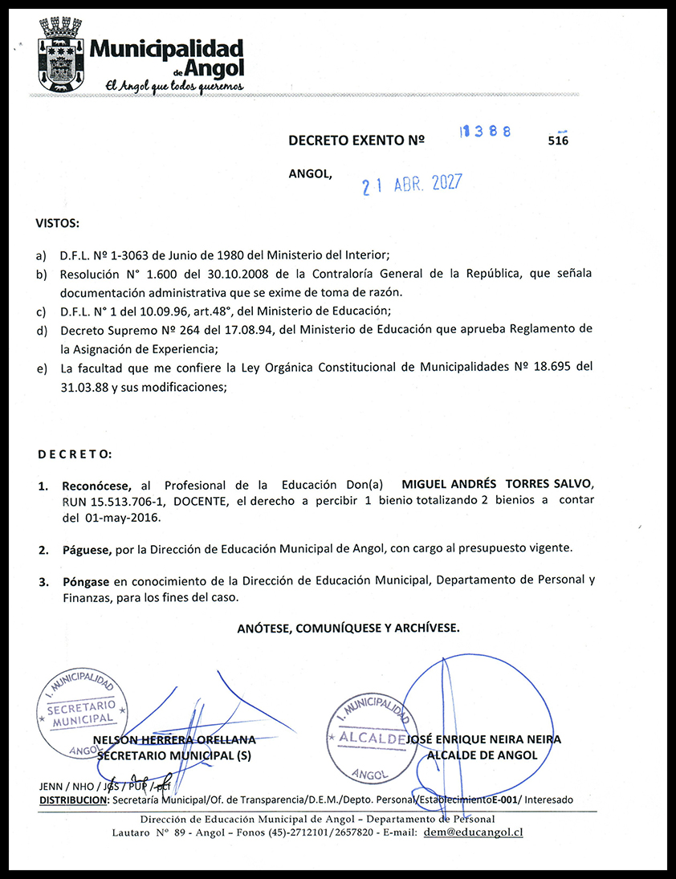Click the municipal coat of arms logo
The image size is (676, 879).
click(61, 53)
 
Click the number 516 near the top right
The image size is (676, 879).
click(557, 140)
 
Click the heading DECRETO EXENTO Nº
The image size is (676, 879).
click(356, 140)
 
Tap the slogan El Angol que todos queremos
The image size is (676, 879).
click(169, 86)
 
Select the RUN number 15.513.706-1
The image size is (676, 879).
click(113, 501)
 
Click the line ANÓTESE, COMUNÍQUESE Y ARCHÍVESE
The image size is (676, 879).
click(348, 629)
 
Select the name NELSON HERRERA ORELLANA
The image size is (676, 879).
click(175, 739)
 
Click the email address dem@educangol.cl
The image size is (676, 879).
click(474, 832)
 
